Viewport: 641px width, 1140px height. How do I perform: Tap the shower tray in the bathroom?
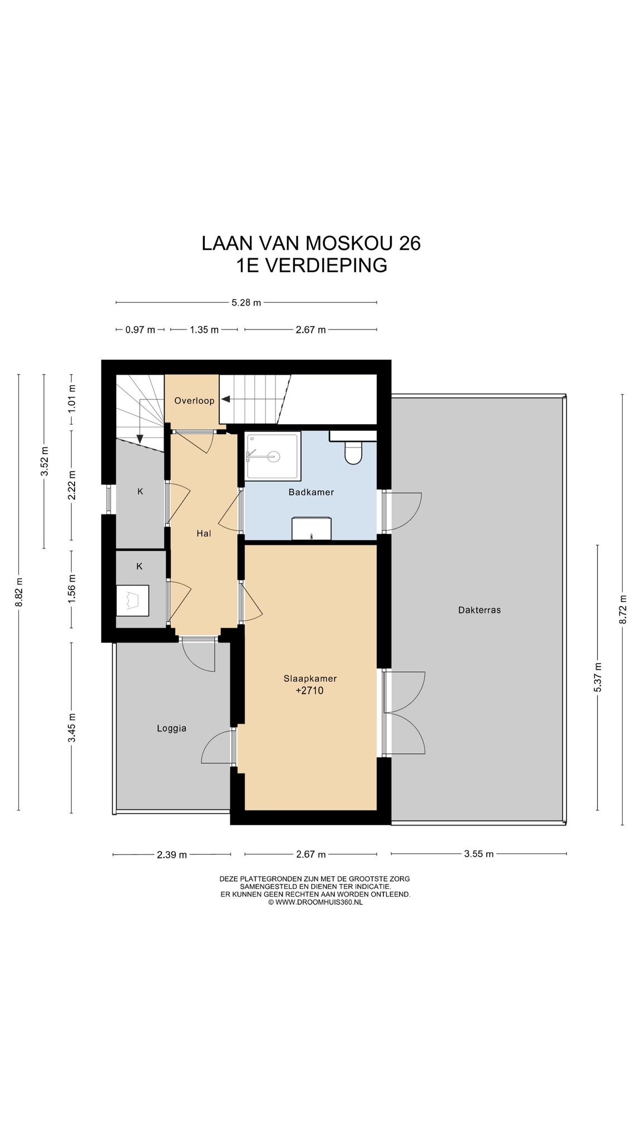[273, 456]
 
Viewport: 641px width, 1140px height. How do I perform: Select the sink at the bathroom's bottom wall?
[312, 528]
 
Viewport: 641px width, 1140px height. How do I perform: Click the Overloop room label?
[194, 401]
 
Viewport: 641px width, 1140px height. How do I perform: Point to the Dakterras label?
[479, 610]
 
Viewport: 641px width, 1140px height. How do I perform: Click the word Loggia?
[171, 728]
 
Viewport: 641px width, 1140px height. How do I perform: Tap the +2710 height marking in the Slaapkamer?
[309, 691]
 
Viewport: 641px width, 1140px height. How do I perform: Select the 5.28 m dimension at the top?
[246, 303]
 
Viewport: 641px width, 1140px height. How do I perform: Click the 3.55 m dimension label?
[479, 854]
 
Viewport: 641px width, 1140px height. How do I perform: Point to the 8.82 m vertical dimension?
[18, 592]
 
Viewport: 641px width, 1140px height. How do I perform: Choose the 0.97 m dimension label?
[140, 330]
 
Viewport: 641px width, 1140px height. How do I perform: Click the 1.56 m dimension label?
[71, 589]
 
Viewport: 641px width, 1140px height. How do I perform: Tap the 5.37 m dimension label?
[598, 677]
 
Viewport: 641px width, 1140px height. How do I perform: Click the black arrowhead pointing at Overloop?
[225, 399]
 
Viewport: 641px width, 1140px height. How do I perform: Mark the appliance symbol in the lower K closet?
[132, 600]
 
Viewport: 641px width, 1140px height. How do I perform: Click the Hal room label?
[204, 533]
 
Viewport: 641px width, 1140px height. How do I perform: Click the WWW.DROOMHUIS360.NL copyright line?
[315, 902]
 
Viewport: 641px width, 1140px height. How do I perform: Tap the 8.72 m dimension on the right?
[623, 610]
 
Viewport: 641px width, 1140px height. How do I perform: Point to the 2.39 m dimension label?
[172, 854]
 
